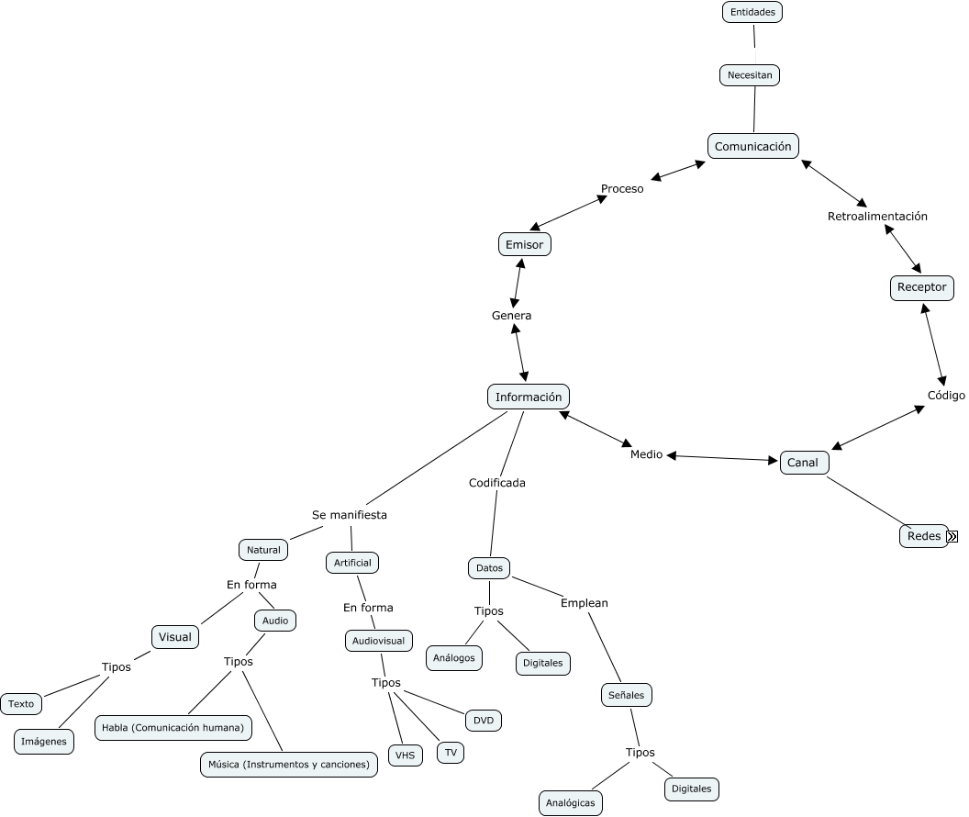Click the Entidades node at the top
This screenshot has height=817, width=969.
coord(752,12)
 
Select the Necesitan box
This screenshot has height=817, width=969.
coord(750,75)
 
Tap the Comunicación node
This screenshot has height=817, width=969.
coord(752,146)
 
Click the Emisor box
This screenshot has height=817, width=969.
coord(525,245)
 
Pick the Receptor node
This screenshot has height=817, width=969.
coord(921,287)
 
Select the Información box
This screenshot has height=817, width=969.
coord(528,397)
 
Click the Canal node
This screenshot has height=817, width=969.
coord(803,463)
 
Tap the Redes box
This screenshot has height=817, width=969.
coord(923,536)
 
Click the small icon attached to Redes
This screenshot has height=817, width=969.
coord(952,537)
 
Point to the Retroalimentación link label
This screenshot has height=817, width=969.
coord(877,217)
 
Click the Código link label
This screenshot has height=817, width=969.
coord(946,396)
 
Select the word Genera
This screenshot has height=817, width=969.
coord(511,316)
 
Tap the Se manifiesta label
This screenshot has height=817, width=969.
coord(350,515)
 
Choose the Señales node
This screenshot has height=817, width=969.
coord(627,695)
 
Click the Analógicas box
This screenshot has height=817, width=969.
coord(570,802)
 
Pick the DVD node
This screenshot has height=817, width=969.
coord(484,721)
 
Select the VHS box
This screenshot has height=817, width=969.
coord(406,755)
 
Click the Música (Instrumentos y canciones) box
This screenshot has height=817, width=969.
coord(288,764)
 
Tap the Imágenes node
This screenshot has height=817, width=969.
coord(44,742)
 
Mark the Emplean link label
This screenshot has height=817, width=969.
coord(585,603)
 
